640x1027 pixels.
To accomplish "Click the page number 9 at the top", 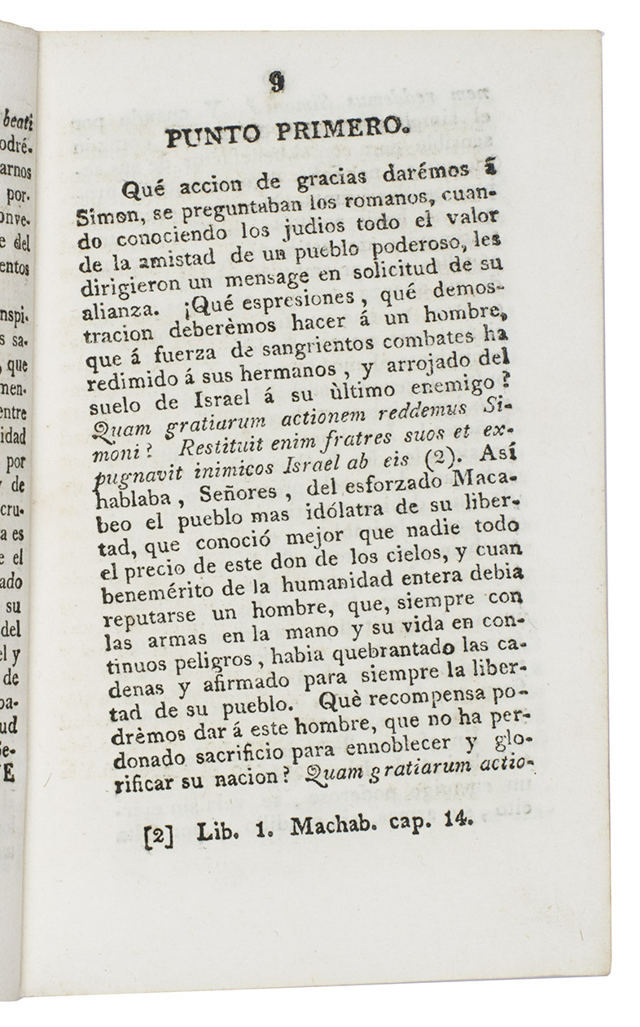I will click(278, 82).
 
